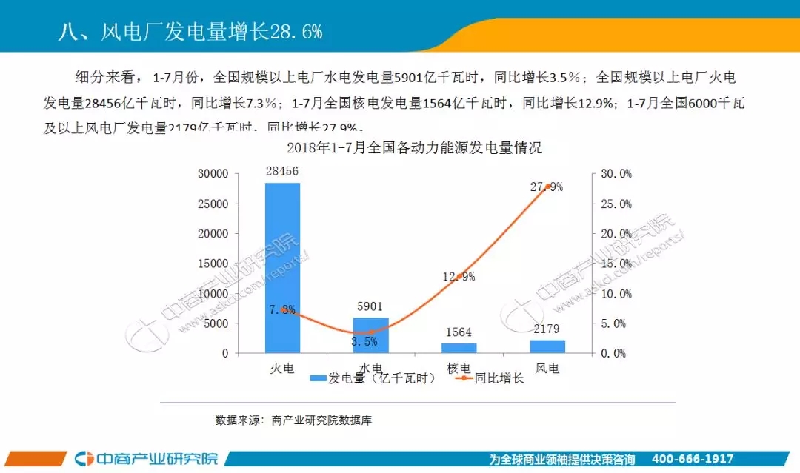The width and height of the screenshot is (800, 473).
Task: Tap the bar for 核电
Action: [459, 348]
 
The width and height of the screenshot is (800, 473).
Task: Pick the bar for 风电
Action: [547, 346]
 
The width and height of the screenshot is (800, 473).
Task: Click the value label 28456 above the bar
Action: [282, 172]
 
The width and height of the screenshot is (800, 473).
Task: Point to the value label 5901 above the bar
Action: [370, 307]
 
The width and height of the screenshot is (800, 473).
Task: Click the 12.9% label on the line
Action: [459, 277]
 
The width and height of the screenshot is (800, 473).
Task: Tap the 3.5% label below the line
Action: [364, 342]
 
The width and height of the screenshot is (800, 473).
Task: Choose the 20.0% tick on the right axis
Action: [616, 234]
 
